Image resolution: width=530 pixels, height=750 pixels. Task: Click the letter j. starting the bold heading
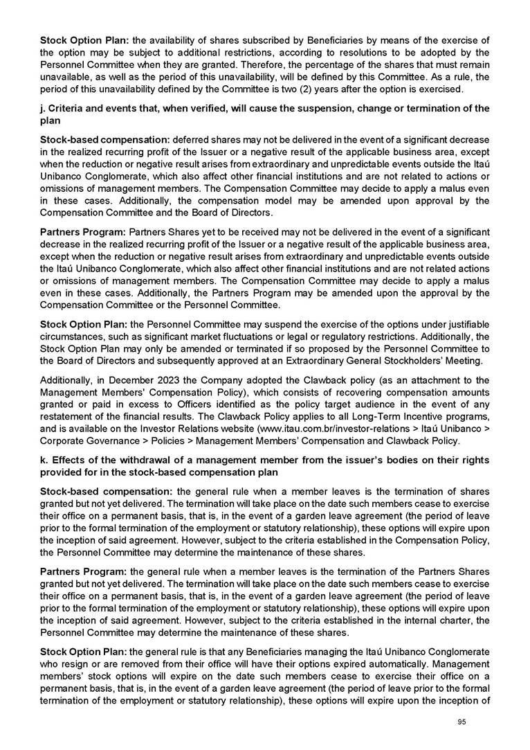point(44,109)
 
